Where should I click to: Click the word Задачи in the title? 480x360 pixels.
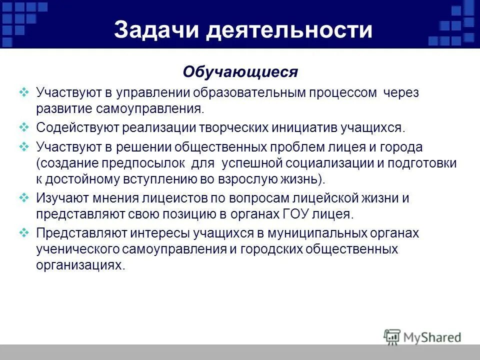pos(156,30)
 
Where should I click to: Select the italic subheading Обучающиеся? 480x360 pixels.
pos(240,72)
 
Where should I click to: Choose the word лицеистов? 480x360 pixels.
pos(166,198)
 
